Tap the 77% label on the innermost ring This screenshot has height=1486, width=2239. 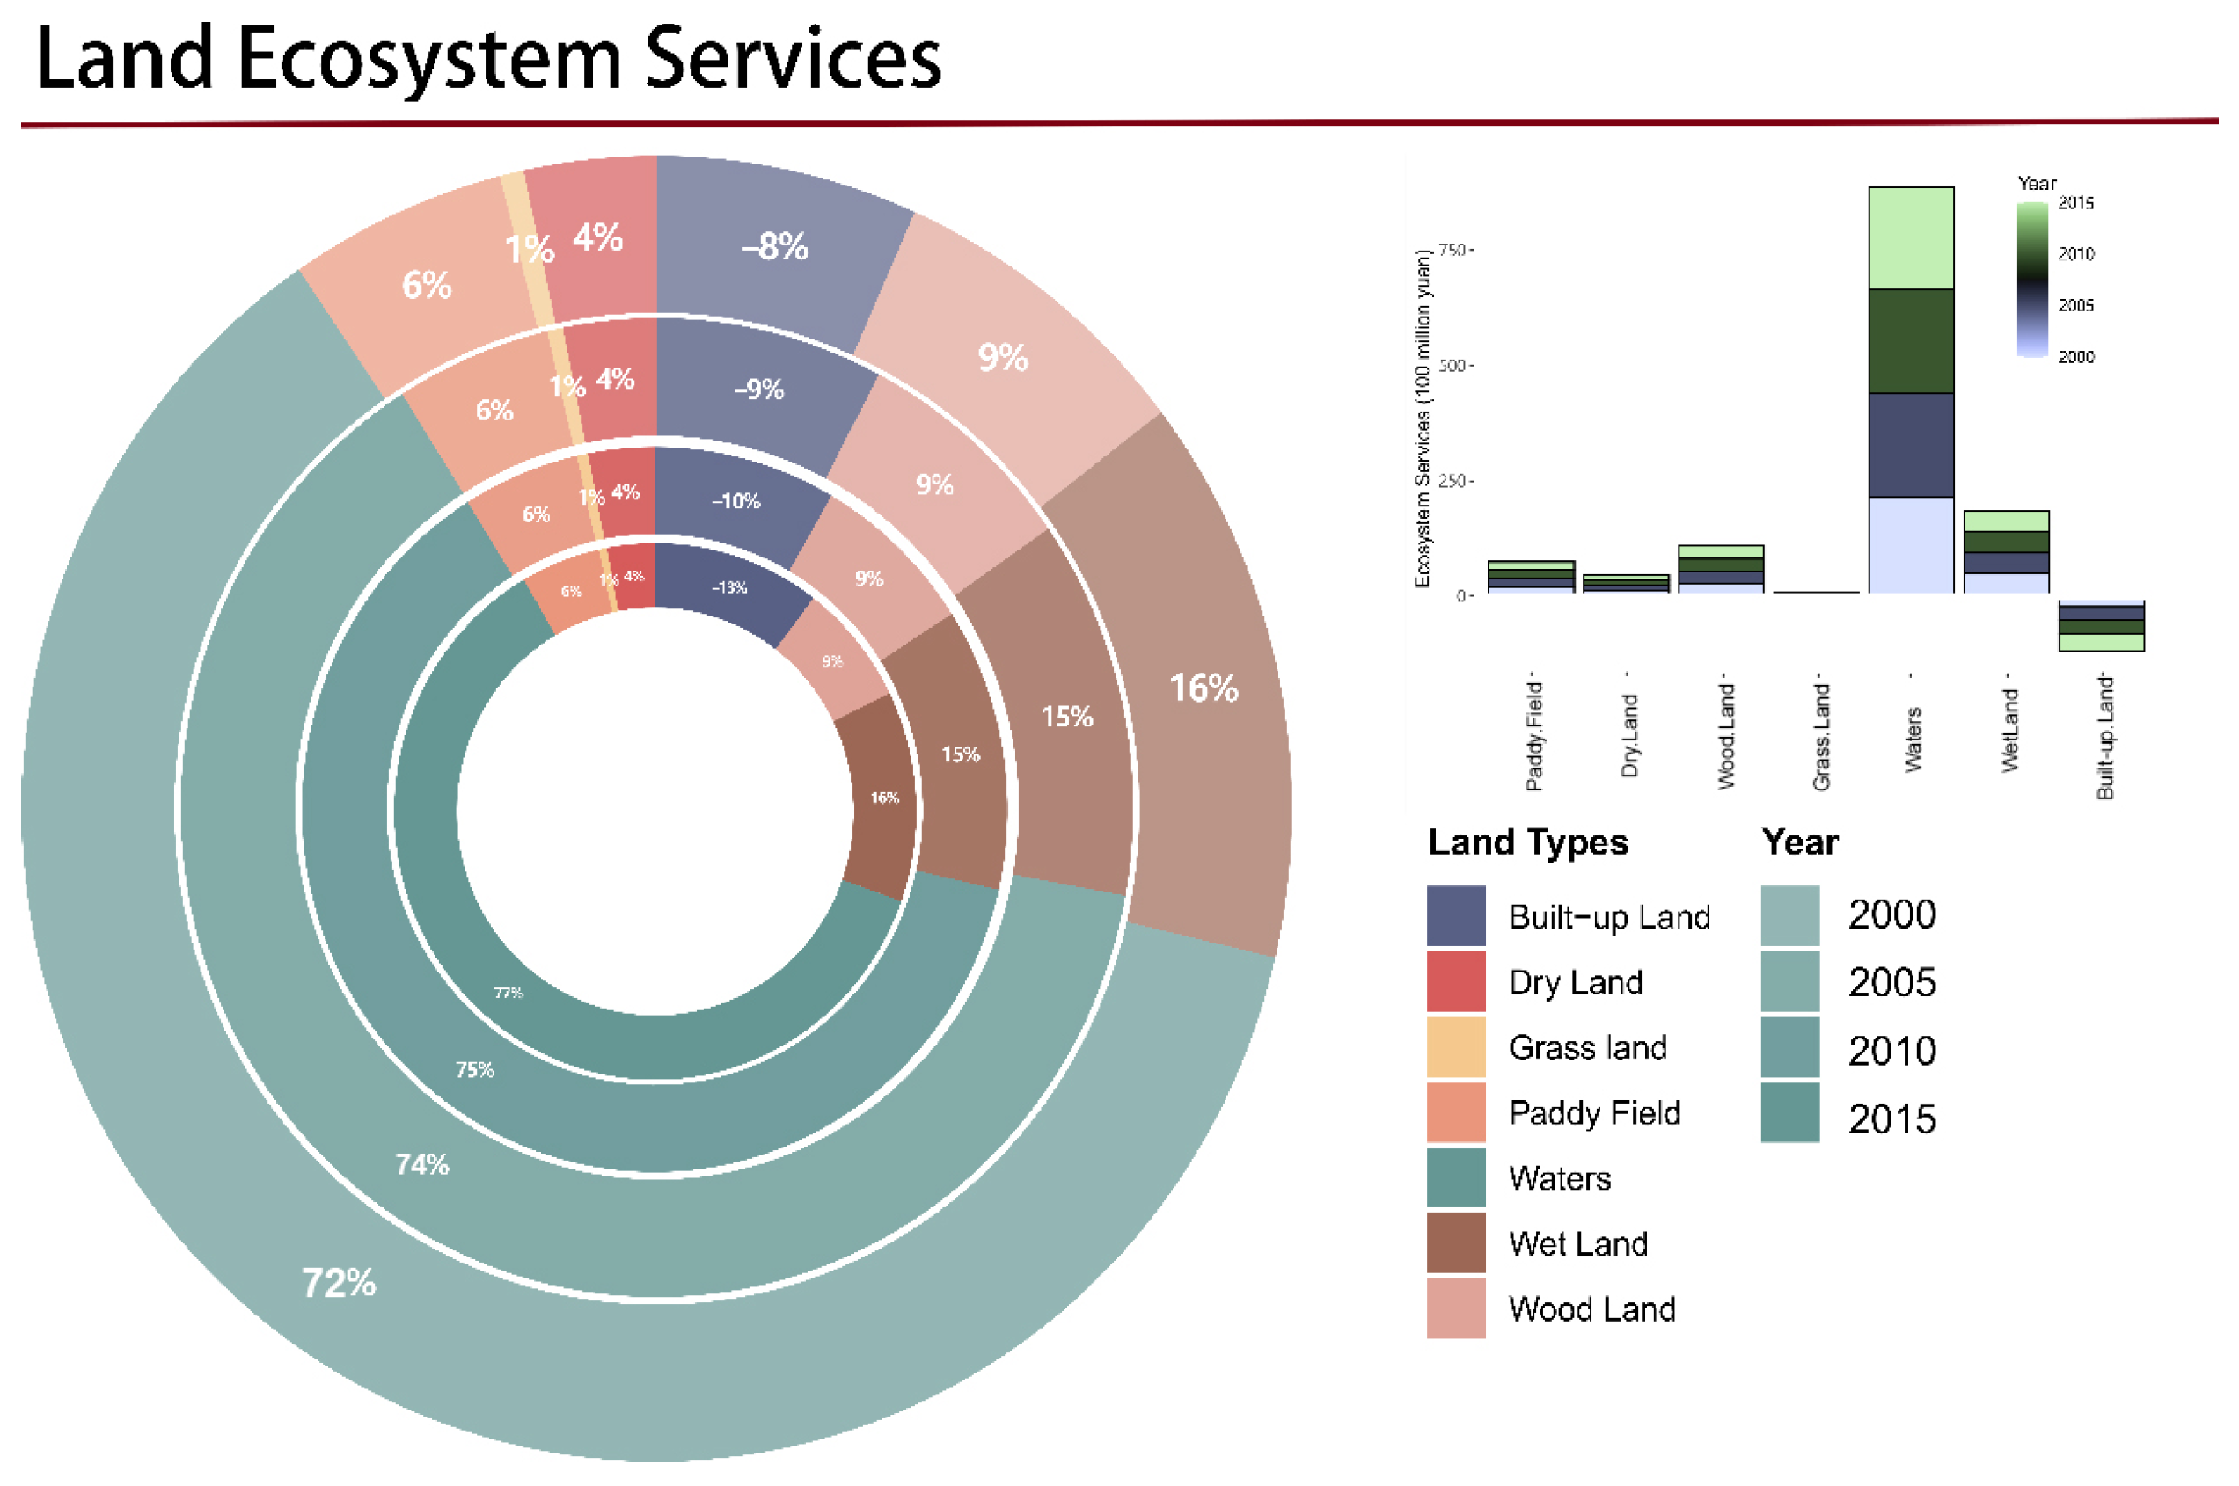(509, 994)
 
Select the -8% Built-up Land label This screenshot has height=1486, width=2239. (775, 247)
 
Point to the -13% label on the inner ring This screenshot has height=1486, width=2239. (730, 587)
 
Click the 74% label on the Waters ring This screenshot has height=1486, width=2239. (421, 1165)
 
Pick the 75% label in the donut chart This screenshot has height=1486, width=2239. (475, 1071)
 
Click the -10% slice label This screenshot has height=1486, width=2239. (736, 501)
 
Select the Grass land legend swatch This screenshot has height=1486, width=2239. (1457, 1047)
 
